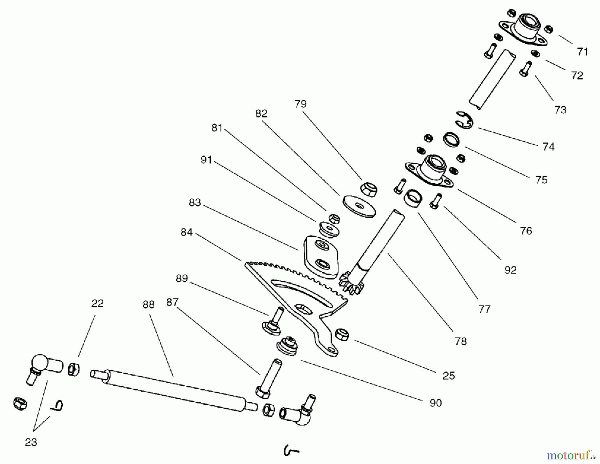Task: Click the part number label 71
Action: coord(582,52)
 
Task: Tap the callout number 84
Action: coord(187,232)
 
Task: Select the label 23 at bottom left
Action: coord(31,442)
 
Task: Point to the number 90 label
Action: coord(436,403)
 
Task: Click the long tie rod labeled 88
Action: coord(173,390)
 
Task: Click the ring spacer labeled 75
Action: coord(452,139)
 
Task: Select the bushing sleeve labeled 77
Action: coord(413,198)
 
